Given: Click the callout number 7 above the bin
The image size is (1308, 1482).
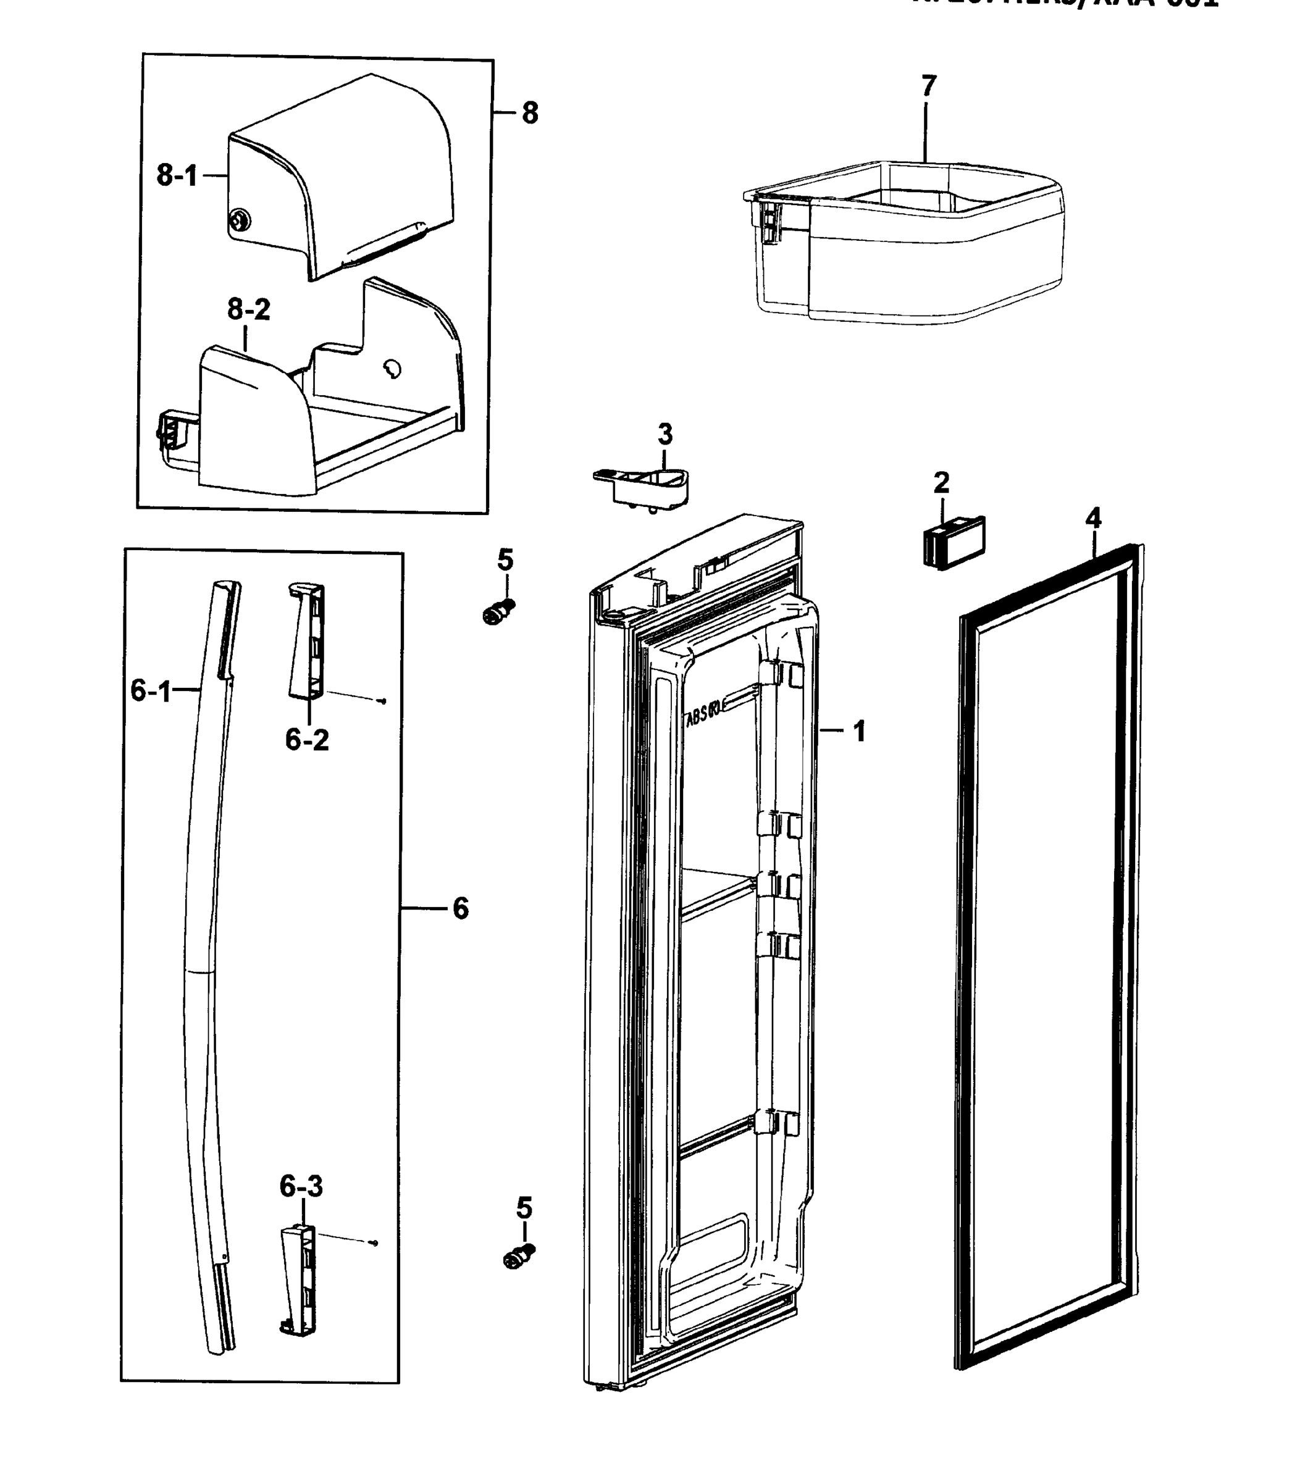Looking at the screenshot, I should click(929, 86).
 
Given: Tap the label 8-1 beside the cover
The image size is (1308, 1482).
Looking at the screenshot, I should click(176, 175).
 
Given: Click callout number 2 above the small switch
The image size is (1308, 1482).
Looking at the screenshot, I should click(941, 482).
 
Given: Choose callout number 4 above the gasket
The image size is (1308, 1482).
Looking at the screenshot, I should click(1093, 519).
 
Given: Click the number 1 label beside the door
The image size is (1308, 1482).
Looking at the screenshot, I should click(859, 732).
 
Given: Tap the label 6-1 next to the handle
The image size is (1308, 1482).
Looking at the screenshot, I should click(150, 691).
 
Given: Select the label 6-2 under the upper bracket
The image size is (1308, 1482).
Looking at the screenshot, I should click(307, 740).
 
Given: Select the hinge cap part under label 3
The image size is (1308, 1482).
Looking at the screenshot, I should click(645, 486).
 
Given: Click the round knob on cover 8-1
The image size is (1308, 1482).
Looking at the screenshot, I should click(238, 220).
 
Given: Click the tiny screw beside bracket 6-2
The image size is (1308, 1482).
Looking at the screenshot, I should click(383, 701).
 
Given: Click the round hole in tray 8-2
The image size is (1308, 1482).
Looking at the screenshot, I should click(392, 370).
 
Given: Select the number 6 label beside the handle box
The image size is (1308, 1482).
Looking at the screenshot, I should click(461, 908).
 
